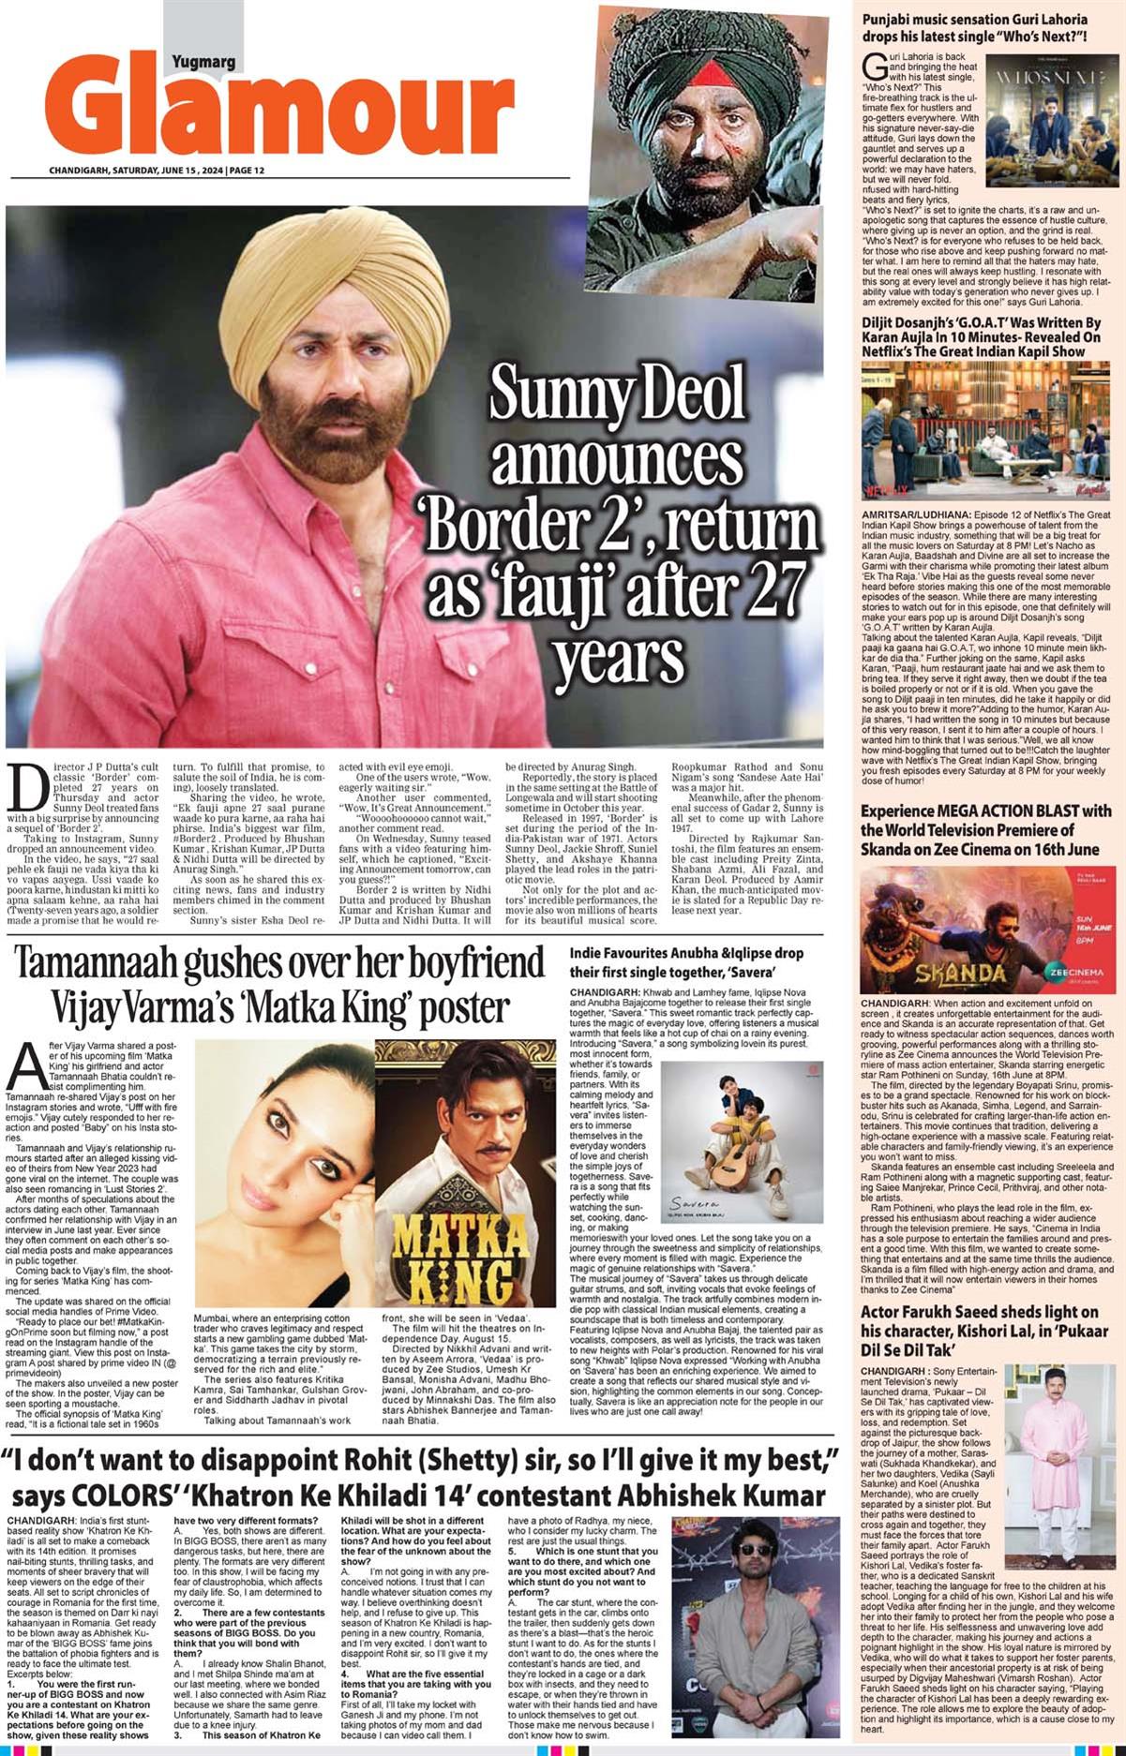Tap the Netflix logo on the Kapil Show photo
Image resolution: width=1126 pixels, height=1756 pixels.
coord(885,488)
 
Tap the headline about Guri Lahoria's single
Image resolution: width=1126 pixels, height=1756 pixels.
coord(975,28)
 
